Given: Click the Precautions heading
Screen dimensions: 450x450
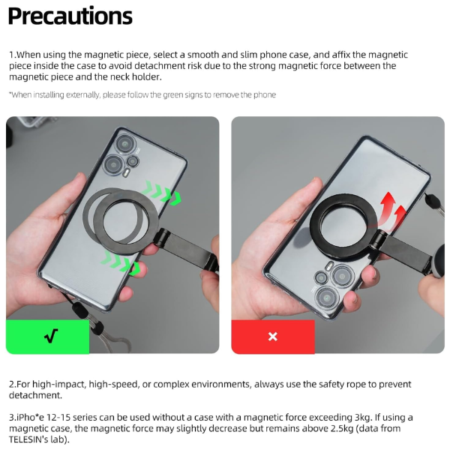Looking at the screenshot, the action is click(x=70, y=16).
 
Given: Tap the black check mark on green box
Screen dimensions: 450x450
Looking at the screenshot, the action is click(x=51, y=336).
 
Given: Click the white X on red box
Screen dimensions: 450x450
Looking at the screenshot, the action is click(x=273, y=336).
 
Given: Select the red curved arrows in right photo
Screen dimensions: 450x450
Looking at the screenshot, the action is click(x=392, y=209).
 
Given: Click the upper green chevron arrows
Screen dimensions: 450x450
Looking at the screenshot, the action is click(x=161, y=193).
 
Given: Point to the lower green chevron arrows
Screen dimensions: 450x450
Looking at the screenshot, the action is click(x=121, y=263).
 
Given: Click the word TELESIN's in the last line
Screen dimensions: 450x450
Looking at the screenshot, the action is click(x=28, y=439).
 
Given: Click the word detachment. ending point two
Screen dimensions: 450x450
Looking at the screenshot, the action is click(x=35, y=395).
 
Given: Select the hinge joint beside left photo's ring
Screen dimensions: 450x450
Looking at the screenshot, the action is click(x=161, y=237).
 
